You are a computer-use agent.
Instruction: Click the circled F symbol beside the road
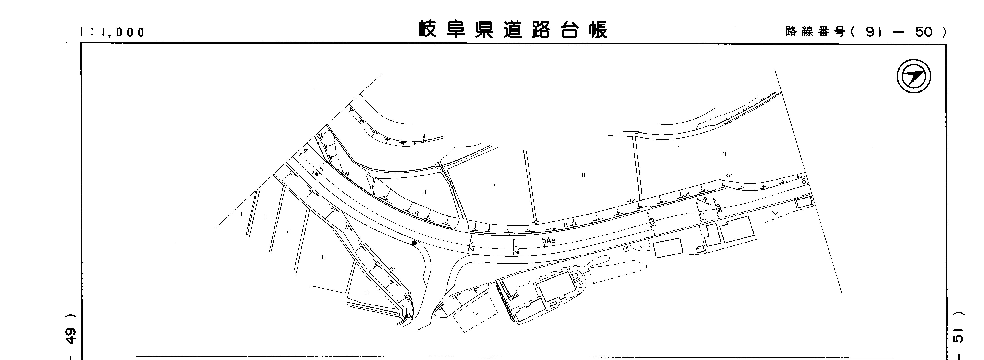tap(626, 249)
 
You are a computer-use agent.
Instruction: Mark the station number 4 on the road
tap(305, 151)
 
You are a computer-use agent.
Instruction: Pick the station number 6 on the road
tap(803, 181)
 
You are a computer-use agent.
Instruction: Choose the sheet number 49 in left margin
tap(71, 336)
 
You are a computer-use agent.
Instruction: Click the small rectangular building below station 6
tap(804, 202)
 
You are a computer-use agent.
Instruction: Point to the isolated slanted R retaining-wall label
tap(705, 199)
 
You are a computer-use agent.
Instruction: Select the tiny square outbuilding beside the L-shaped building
tap(699, 249)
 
